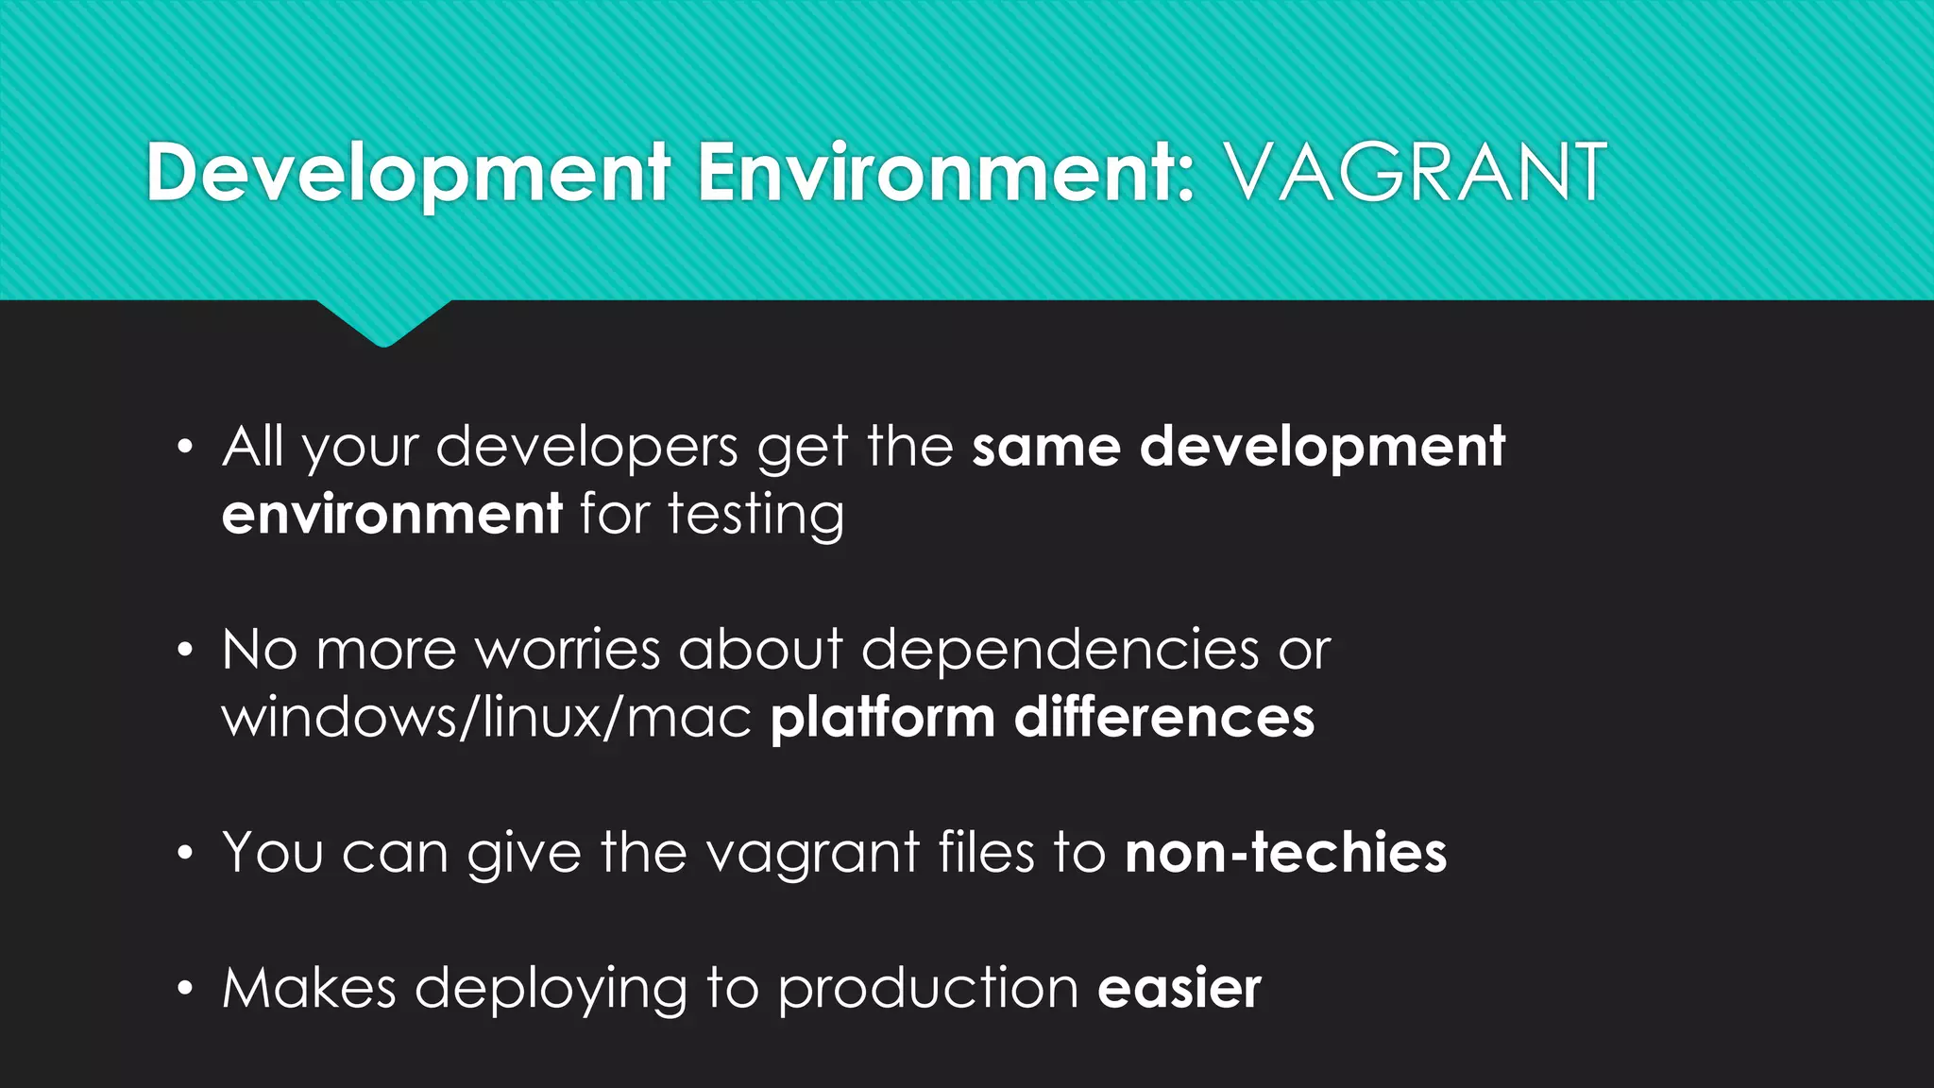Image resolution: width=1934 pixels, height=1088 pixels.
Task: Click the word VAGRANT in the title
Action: pyautogui.click(x=1414, y=173)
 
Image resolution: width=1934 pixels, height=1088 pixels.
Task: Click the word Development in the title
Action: pyautogui.click(x=408, y=173)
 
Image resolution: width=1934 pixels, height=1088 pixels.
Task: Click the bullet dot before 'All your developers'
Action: pyautogui.click(x=185, y=447)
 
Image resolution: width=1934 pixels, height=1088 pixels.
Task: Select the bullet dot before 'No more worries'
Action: pyautogui.click(x=185, y=651)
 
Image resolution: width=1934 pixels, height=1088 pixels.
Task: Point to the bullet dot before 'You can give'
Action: pyautogui.click(x=185, y=854)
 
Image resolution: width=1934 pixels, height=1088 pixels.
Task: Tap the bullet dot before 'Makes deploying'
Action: pyautogui.click(x=185, y=989)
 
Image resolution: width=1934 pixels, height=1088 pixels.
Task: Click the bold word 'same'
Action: pyautogui.click(x=1045, y=448)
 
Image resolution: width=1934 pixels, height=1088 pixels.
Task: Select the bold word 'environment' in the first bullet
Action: pyautogui.click(x=392, y=516)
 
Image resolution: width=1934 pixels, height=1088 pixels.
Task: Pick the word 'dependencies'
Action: pyautogui.click(x=1060, y=651)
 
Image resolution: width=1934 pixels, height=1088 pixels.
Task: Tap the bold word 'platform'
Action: pyautogui.click(x=882, y=719)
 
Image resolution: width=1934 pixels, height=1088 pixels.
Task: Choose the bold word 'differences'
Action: pyautogui.click(x=1163, y=719)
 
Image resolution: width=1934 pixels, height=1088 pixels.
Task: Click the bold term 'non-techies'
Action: pyautogui.click(x=1285, y=854)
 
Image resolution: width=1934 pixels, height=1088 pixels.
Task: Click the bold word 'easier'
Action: pyautogui.click(x=1179, y=989)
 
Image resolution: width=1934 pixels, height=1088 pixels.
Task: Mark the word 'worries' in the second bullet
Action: pyautogui.click(x=567, y=651)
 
